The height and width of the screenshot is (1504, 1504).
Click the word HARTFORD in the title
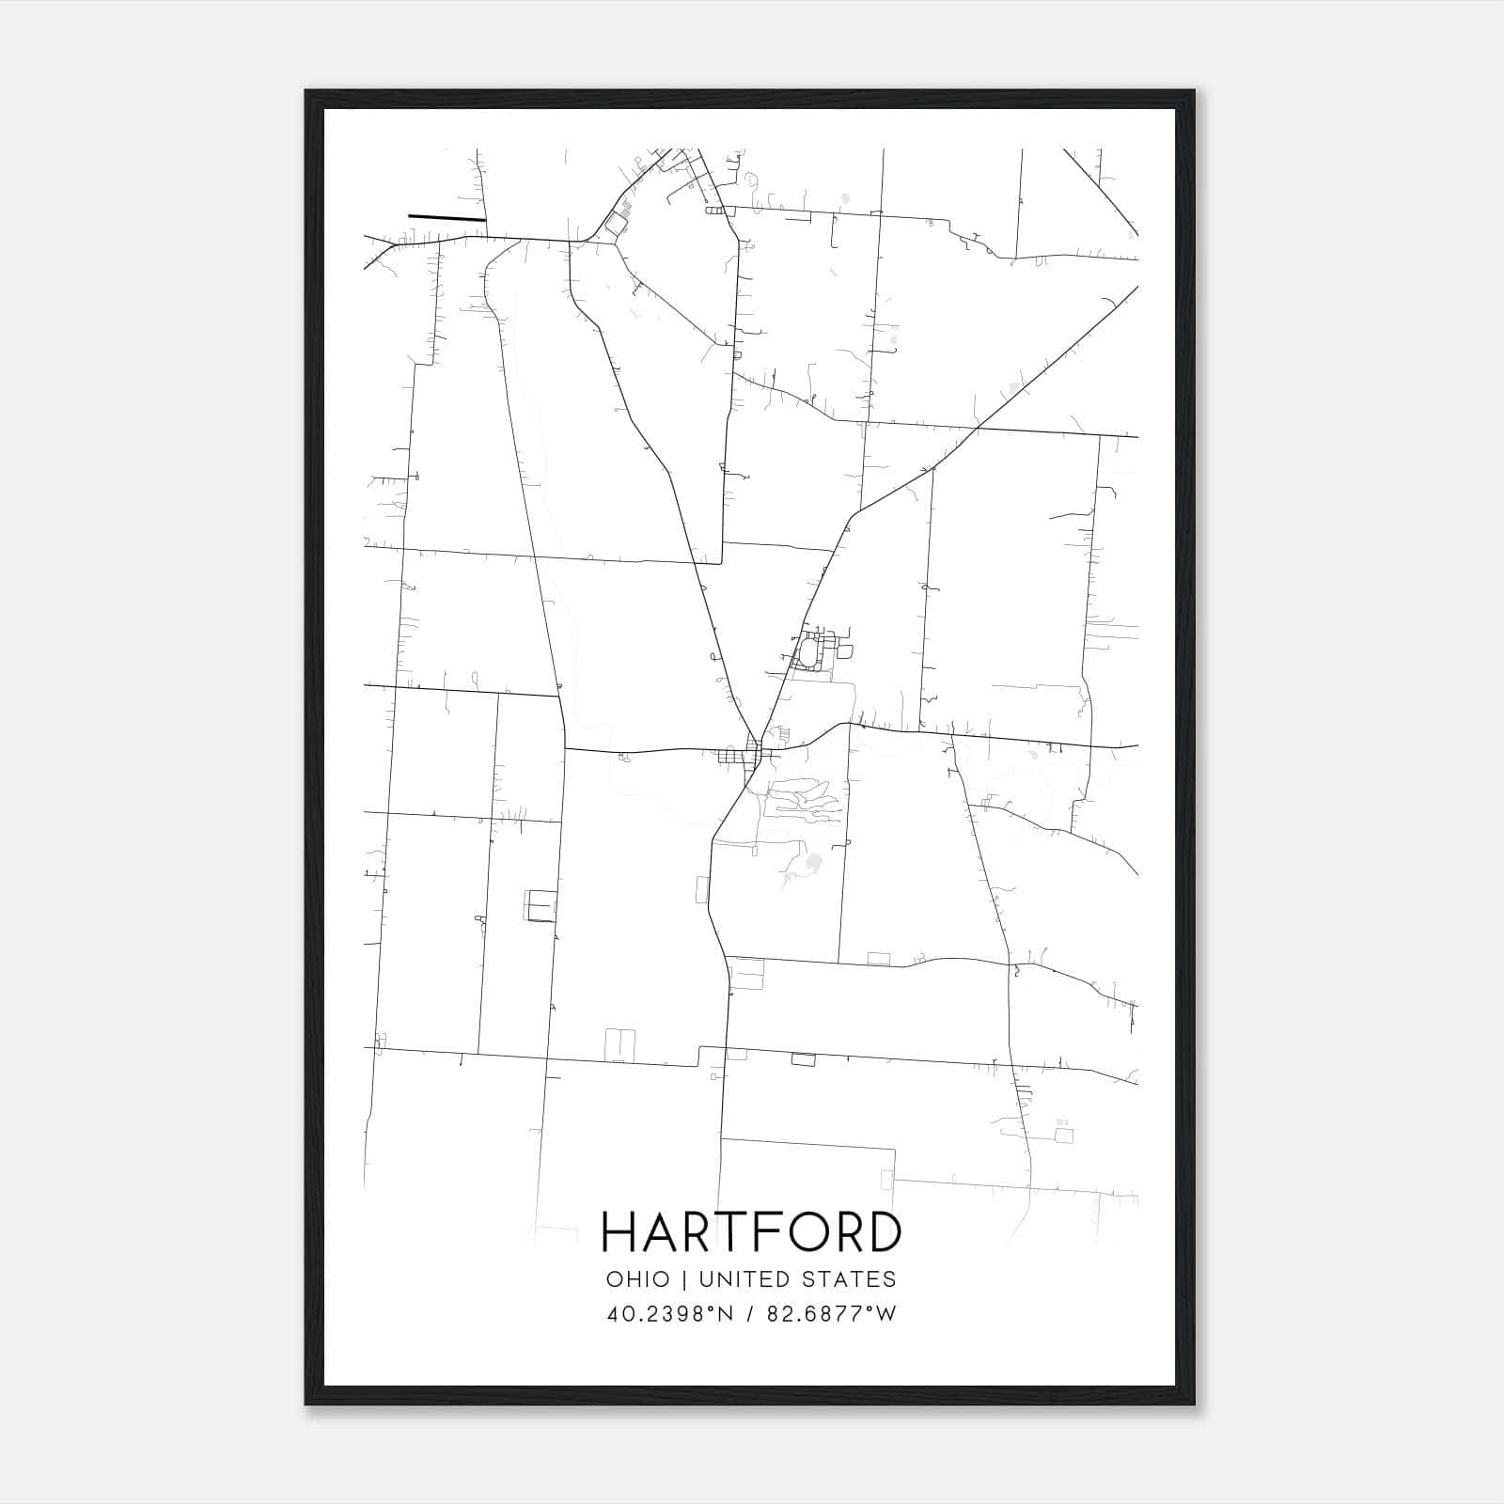tap(751, 1232)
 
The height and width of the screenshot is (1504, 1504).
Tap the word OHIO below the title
tap(638, 1279)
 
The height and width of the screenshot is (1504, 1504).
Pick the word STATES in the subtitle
tap(852, 1279)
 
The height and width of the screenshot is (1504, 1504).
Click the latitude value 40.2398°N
tap(669, 1314)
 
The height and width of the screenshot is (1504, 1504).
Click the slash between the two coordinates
tap(749, 1314)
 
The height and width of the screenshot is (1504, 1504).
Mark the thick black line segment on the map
tap(446, 218)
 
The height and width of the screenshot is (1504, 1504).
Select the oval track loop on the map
tap(807, 650)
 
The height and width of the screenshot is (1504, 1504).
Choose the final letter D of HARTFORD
tap(885, 1232)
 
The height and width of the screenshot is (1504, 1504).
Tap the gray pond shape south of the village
tap(810, 863)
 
